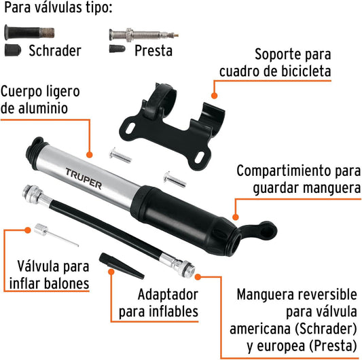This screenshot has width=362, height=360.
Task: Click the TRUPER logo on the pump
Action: coord(84,179)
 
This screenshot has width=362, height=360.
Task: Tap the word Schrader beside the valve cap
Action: coord(55,51)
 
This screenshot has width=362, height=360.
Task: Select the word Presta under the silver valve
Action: coord(153,51)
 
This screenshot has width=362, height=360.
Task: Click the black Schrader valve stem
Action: coord(29,33)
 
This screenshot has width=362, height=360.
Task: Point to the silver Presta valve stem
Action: coord(144,35)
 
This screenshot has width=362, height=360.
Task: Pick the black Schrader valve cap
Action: coord(13,50)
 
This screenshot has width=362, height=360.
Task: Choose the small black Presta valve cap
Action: coord(117,49)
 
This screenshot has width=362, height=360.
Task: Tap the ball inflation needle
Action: coord(56,234)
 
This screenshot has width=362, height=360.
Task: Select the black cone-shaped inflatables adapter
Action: coord(122,266)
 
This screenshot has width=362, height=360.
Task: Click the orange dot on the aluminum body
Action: coord(90,154)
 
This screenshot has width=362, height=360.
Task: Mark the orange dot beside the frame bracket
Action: coord(214,95)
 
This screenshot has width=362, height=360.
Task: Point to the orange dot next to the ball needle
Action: coord(28,230)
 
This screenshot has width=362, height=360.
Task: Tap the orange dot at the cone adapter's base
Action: coord(111,272)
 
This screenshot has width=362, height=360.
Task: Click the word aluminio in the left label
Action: coord(43,108)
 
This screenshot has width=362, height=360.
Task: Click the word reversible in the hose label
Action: coord(327,294)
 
